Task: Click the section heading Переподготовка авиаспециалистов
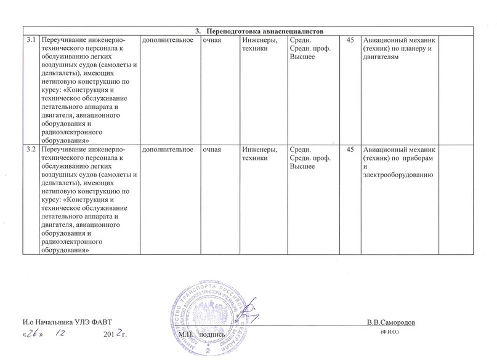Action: coord(264,31)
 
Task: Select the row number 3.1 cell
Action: coord(30,40)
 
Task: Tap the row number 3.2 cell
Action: coord(30,151)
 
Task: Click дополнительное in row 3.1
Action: coord(166,40)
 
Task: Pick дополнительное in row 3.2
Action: coord(166,151)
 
